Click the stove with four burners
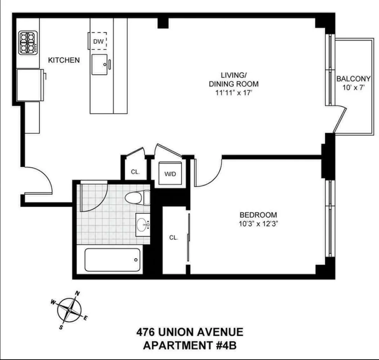(x=28, y=43)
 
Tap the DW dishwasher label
(x=98, y=41)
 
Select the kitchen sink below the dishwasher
(x=99, y=64)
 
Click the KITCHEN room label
(x=64, y=60)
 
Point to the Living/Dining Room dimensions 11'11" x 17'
(x=234, y=93)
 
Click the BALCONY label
(x=353, y=78)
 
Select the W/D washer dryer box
(x=170, y=174)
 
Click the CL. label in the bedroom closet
(x=174, y=238)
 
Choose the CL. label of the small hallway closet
(x=135, y=172)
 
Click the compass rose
(x=70, y=309)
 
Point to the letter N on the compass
(x=77, y=293)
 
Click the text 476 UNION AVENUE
(x=190, y=331)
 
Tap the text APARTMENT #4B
(x=190, y=345)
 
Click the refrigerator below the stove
(x=30, y=85)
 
